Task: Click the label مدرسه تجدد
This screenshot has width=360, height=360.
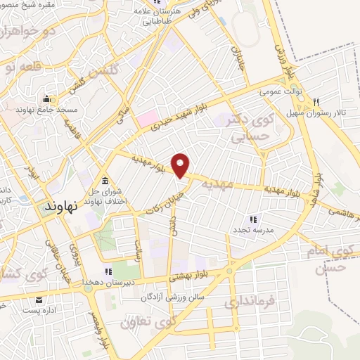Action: pos(253,230)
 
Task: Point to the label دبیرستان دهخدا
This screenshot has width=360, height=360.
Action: pos(109,281)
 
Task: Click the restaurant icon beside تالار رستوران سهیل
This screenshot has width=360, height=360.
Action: pos(317,101)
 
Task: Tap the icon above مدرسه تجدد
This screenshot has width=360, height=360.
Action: pos(253,219)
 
